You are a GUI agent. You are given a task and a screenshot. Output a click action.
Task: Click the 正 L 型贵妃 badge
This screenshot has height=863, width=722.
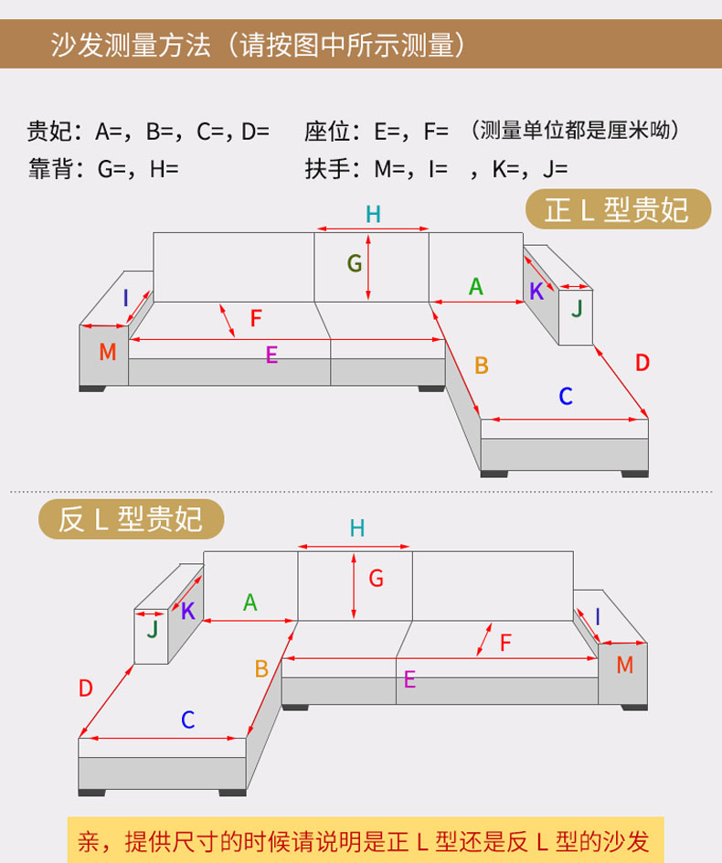tap(617, 210)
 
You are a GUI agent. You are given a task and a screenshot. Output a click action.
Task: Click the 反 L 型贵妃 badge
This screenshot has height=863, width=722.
tap(131, 519)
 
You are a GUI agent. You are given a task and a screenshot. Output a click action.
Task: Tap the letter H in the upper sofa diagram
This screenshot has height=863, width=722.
tap(373, 215)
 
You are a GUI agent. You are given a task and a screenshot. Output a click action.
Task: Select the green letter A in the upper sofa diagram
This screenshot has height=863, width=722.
tap(475, 287)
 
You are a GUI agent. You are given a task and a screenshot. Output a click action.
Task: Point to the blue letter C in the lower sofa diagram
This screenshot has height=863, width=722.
tap(187, 720)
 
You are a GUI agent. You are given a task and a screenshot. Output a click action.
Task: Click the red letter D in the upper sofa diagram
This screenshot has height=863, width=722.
tap(642, 363)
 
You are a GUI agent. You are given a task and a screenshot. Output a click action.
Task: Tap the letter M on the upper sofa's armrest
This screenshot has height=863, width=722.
tap(108, 352)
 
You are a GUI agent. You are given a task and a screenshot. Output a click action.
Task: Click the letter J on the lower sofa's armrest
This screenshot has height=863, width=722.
tap(153, 629)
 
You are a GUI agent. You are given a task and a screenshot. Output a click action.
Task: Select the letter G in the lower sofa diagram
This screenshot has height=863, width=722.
tap(376, 578)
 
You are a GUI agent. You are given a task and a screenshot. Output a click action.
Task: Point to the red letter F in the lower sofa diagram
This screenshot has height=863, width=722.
tap(505, 643)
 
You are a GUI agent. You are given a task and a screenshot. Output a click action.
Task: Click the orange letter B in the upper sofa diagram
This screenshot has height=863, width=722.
tap(482, 366)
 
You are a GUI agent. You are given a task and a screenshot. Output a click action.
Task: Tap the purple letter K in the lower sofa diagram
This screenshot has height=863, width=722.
tap(188, 612)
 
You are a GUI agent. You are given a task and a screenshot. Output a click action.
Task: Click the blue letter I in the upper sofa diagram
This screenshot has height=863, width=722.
tap(126, 298)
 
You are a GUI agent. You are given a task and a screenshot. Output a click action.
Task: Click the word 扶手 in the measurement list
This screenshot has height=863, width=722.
tap(327, 169)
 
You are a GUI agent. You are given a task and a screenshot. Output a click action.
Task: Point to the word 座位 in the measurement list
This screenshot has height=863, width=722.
tap(327, 132)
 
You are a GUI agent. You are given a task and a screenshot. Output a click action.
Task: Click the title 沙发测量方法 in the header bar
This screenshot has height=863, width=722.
tap(131, 45)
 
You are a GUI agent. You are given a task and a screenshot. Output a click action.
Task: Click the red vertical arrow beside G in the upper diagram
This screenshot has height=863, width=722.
tap(368, 266)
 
